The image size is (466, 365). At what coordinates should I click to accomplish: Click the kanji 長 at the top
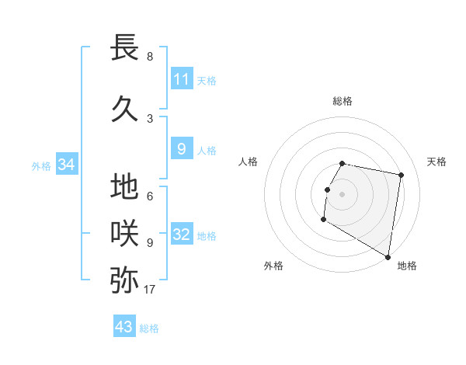(124, 47)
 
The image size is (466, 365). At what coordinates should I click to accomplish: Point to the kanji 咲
(124, 233)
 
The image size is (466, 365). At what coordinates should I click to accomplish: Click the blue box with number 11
(181, 79)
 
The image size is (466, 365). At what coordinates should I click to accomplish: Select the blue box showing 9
(181, 149)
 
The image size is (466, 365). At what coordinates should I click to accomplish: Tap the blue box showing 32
(181, 235)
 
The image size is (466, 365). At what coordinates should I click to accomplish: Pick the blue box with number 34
(66, 165)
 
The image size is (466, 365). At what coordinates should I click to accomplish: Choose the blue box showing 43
(123, 327)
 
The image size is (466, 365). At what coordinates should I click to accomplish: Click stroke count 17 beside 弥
(149, 290)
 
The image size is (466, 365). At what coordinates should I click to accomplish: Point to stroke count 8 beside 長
(149, 57)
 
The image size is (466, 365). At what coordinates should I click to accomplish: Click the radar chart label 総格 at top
(342, 101)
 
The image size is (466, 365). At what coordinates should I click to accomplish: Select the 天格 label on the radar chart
(437, 162)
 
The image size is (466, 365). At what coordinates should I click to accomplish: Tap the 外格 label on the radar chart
(273, 266)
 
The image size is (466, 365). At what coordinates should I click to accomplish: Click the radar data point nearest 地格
(388, 257)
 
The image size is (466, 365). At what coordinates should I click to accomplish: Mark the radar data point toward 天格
(401, 176)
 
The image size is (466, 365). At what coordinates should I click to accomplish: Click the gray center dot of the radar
(342, 194)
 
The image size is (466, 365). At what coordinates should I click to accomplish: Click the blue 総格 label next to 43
(149, 328)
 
